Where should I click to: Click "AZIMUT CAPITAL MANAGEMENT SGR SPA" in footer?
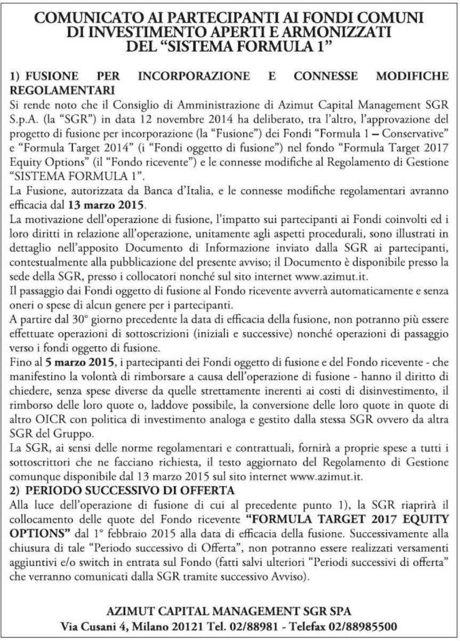[229, 609]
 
